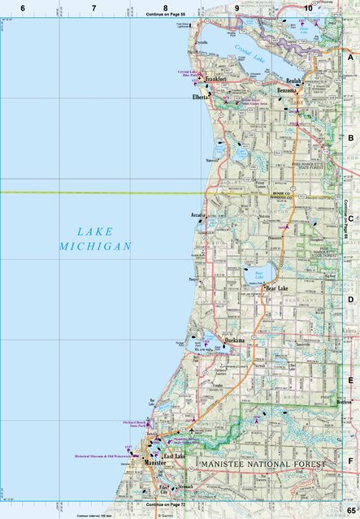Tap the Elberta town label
click(202, 96)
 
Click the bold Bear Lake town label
click(276, 288)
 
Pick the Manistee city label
click(157, 462)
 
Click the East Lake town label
click(175, 457)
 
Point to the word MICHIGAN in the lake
click(95, 246)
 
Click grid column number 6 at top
click(23, 7)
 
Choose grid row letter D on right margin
click(350, 300)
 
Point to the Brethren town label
click(345, 401)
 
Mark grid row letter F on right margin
click(350, 461)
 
